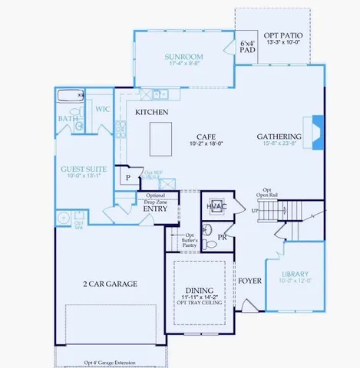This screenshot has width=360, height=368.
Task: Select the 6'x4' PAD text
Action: tap(246, 47)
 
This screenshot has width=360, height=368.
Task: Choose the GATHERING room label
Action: tap(279, 137)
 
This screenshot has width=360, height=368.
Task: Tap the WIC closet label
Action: tap(104, 110)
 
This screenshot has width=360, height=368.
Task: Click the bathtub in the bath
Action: tap(69, 97)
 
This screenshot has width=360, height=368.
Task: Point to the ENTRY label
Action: tap(155, 208)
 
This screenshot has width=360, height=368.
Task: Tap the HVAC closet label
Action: tap(213, 205)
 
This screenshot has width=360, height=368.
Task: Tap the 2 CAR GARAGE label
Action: tap(110, 284)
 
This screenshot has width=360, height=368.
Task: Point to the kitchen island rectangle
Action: tap(160, 139)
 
